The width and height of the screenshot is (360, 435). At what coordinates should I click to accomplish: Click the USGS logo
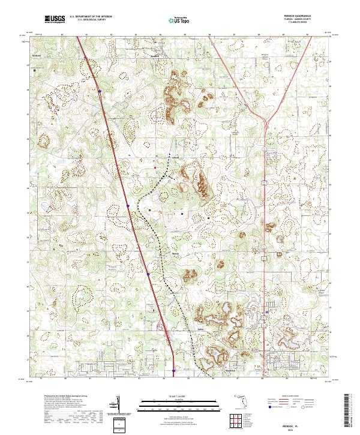(55, 19)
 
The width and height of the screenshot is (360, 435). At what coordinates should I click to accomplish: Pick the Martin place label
(176, 254)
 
